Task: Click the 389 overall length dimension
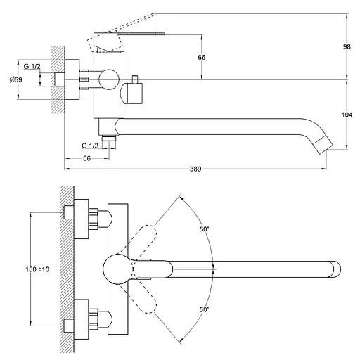click(x=195, y=169)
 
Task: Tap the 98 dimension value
click(x=347, y=46)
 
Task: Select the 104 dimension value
click(x=347, y=115)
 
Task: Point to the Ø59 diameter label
click(x=15, y=79)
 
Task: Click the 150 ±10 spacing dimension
click(x=37, y=269)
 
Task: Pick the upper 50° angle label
click(x=204, y=229)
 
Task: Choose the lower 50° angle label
click(x=204, y=309)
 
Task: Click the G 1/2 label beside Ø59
click(x=32, y=66)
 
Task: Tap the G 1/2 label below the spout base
click(x=90, y=146)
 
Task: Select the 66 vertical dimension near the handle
click(x=202, y=57)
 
